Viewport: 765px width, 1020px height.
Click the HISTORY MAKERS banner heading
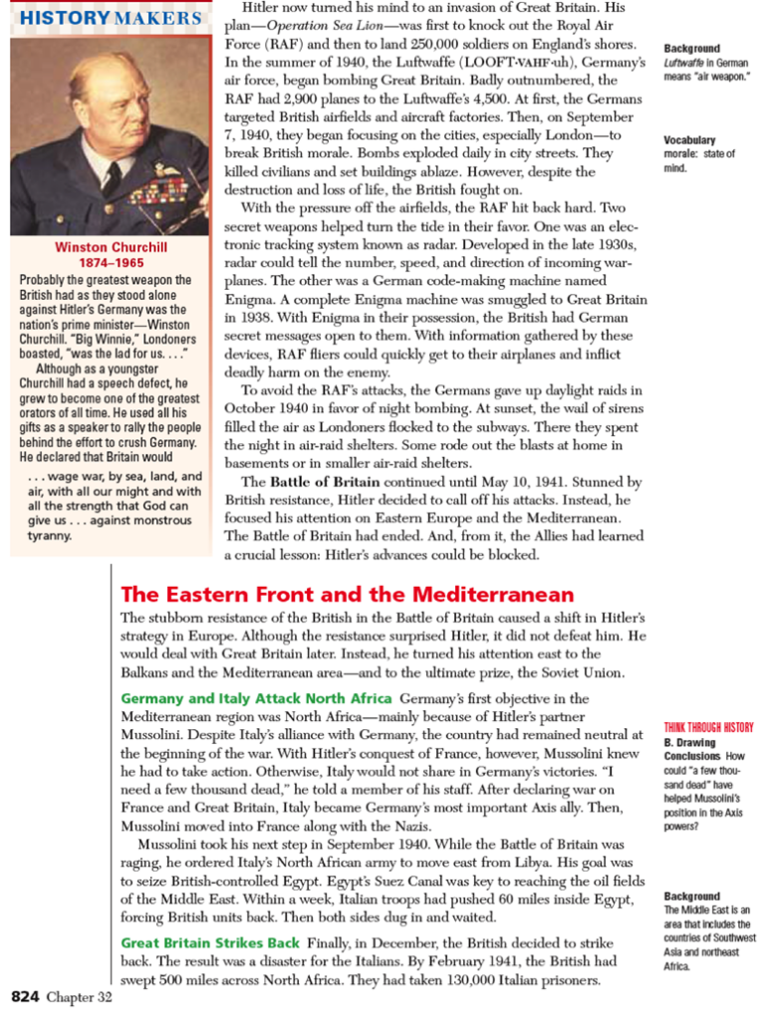[x=111, y=18]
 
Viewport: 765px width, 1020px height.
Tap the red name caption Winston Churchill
[x=111, y=247]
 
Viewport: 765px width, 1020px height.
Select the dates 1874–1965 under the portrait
[x=111, y=263]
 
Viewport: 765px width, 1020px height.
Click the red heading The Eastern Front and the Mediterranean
[x=347, y=595]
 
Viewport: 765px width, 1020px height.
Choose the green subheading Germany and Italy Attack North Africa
[x=256, y=698]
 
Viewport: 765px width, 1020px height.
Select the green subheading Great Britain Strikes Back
[x=210, y=942]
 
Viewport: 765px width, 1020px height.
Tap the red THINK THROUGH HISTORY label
[x=708, y=727]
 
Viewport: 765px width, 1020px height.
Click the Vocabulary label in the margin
[x=689, y=140]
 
